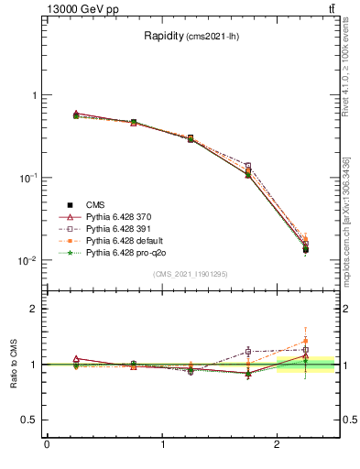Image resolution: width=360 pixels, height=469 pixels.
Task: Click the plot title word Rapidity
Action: [x=165, y=37]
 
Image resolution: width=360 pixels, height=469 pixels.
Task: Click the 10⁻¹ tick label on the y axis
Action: [x=27, y=178]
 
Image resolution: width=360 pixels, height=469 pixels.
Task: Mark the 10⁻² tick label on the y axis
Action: [x=27, y=260]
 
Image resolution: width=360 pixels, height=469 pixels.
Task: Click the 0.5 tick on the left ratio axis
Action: [x=30, y=420]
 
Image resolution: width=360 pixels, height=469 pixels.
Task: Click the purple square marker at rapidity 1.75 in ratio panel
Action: [x=248, y=351]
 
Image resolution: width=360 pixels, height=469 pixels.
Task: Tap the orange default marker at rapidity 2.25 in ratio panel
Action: [x=306, y=341]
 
